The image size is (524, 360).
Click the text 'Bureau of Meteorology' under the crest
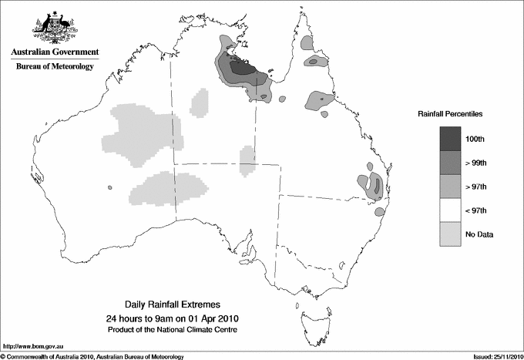point(55,67)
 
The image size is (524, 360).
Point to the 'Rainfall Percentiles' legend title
point(451,113)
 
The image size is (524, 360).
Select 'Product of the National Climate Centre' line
point(178,330)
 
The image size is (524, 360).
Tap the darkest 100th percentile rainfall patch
point(243,68)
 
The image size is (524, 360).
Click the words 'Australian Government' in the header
point(55,52)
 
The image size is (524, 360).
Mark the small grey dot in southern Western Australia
point(111,187)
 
